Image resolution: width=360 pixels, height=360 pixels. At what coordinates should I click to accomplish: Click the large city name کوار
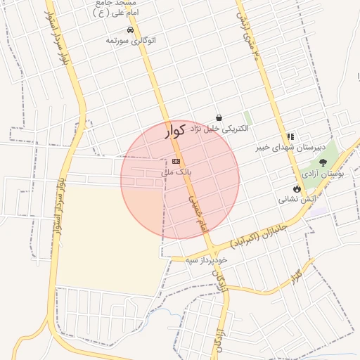coord(175,130)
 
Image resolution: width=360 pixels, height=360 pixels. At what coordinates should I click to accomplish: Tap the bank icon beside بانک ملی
coord(175,162)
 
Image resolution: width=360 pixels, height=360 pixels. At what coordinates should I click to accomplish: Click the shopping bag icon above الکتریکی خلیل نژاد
coord(219,118)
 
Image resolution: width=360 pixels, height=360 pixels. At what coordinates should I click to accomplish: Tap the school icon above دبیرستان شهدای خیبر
coord(290,137)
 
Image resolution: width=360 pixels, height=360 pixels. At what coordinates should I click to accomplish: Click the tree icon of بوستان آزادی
coord(323,162)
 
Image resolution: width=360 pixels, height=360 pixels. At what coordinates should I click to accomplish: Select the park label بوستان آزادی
coord(322,172)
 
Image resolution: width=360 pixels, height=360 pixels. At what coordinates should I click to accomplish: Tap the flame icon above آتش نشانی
coord(297,188)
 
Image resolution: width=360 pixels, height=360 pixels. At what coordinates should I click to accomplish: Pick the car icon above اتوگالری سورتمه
coord(130,30)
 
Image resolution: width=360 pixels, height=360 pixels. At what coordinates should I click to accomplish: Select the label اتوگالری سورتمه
coord(130,41)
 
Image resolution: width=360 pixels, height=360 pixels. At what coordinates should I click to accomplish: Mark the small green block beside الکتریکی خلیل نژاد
coord(247,118)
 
